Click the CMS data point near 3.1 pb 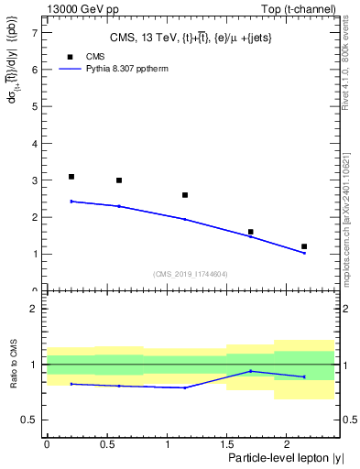[x=71, y=177]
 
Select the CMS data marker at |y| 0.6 [x=119, y=180]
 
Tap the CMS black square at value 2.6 [x=185, y=195]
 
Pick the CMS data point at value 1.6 [x=250, y=232]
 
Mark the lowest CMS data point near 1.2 [x=304, y=246]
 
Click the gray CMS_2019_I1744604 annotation [x=191, y=274]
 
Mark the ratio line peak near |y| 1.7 [x=250, y=371]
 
